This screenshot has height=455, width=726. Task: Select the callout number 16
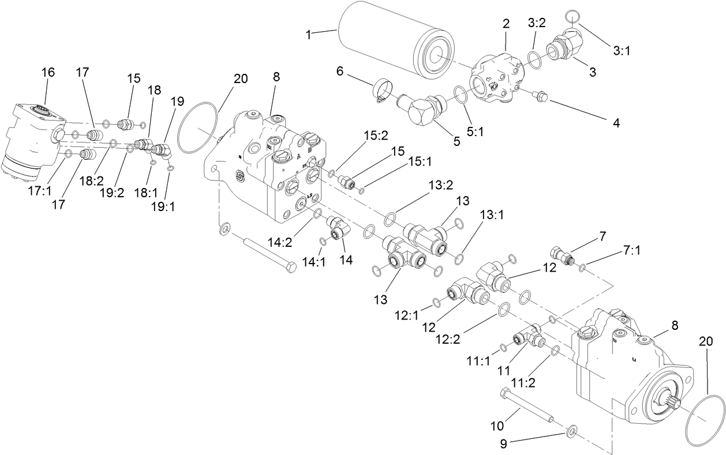[48, 72]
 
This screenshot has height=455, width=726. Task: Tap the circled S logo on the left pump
[239, 175]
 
